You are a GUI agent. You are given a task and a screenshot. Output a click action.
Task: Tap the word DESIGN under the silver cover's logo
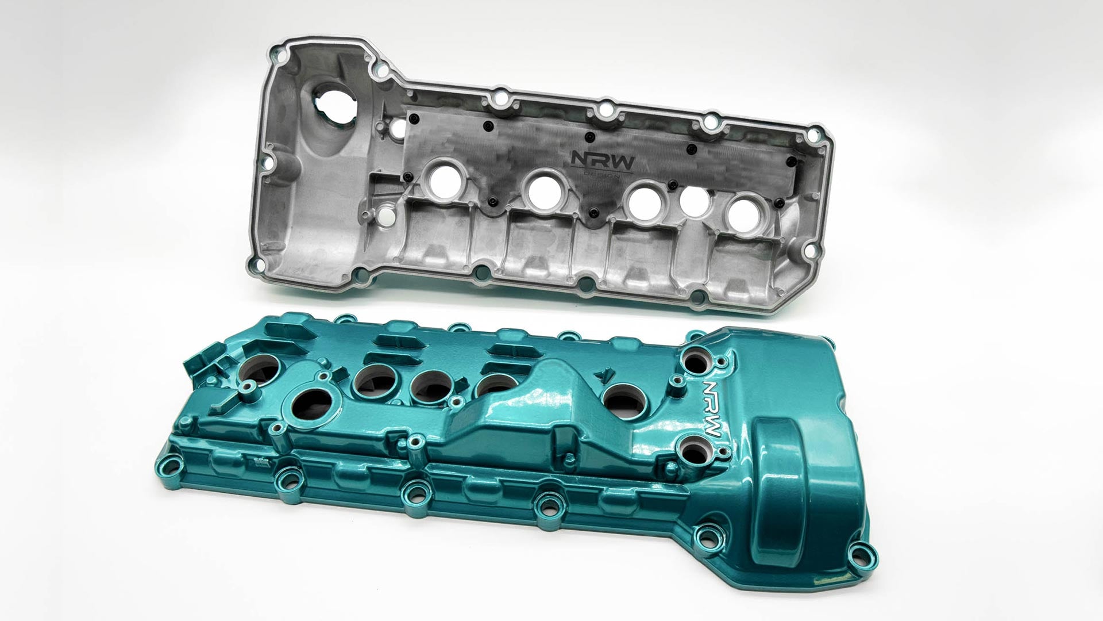[601, 175]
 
